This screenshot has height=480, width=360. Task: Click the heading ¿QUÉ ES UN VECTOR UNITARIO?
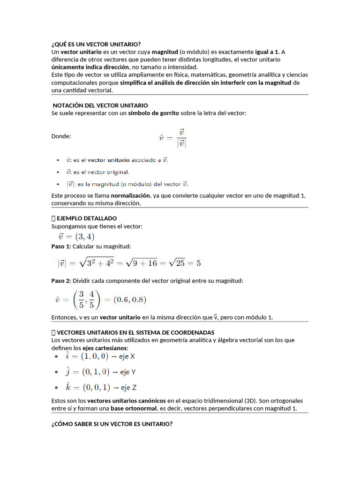pyautogui.click(x=96, y=45)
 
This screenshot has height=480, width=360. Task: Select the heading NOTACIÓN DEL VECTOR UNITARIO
pyautogui.click(x=100, y=105)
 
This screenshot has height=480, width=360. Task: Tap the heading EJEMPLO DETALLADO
pyautogui.click(x=86, y=218)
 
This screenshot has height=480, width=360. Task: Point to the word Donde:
pyautogui.click(x=61, y=136)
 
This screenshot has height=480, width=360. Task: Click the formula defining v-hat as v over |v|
pyautogui.click(x=172, y=137)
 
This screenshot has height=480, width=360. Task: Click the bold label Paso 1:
pyautogui.click(x=61, y=247)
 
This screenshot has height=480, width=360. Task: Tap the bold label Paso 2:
pyautogui.click(x=61, y=281)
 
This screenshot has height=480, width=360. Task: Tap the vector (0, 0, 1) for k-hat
pyautogui.click(x=97, y=388)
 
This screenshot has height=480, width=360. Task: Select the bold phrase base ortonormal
pyautogui.click(x=133, y=408)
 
